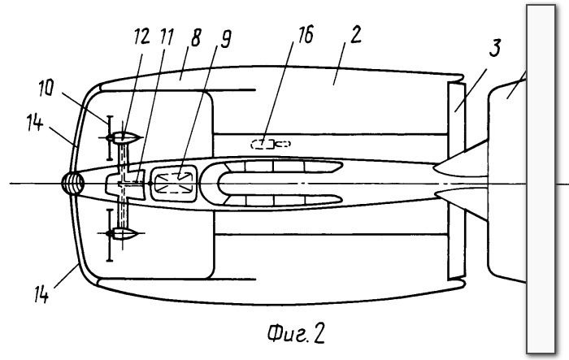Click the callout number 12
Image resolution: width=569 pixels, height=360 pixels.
(x=142, y=37)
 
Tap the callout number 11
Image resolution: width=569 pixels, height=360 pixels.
(x=167, y=37)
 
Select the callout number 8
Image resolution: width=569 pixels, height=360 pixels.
(x=196, y=37)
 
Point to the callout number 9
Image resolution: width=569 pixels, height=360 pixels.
(x=225, y=39)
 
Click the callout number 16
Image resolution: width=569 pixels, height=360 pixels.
(x=306, y=35)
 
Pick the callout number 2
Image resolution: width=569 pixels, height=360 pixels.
(x=356, y=35)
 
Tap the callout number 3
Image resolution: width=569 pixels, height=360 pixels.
(x=495, y=48)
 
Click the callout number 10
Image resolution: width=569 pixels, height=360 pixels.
(x=46, y=88)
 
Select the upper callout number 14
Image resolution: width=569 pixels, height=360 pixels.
(x=35, y=122)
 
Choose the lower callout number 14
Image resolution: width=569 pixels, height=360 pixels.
(x=41, y=294)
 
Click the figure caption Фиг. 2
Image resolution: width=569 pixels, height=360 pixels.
(x=296, y=333)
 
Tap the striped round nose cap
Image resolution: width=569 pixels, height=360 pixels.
(x=73, y=184)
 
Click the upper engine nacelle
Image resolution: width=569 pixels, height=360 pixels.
(x=124, y=138)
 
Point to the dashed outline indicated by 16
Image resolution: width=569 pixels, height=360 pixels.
(x=271, y=144)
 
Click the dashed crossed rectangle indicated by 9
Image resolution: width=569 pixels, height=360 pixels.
(x=174, y=183)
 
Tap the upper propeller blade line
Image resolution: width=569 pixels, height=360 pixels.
(x=109, y=138)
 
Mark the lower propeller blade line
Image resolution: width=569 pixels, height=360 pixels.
(x=109, y=235)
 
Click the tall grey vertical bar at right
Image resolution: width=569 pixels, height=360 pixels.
(x=541, y=179)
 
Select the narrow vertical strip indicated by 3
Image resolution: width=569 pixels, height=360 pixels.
(x=457, y=180)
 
